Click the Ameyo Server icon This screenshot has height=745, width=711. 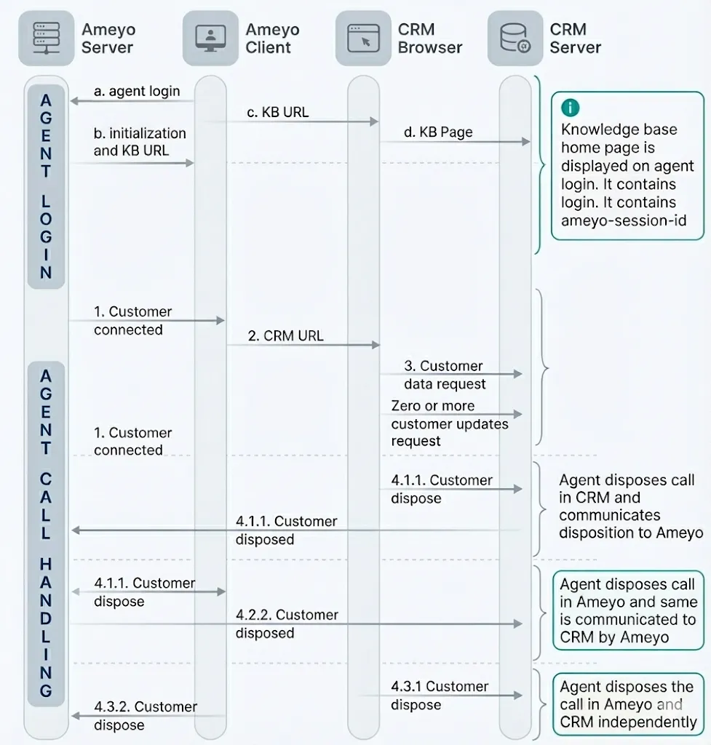(x=46, y=38)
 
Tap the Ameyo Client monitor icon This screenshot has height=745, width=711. (x=210, y=38)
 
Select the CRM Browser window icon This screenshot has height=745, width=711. (x=363, y=38)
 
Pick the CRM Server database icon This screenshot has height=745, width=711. (x=515, y=38)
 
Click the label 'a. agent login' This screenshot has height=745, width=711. (x=137, y=91)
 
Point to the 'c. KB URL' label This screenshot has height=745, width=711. (x=277, y=112)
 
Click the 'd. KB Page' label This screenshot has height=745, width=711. (x=438, y=132)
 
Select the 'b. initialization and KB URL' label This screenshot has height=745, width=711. (x=140, y=142)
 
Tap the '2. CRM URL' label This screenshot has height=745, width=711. (x=285, y=336)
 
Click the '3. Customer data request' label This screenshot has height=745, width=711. (x=445, y=375)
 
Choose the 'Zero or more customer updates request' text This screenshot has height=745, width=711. (x=450, y=423)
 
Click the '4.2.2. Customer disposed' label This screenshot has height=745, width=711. (x=287, y=624)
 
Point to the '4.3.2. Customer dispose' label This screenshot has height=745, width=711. (x=146, y=716)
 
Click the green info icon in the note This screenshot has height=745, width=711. (x=571, y=108)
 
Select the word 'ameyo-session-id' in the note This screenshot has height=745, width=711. (x=624, y=220)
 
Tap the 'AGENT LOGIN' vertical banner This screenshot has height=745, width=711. (x=46, y=187)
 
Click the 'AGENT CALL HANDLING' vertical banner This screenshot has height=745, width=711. (x=46, y=533)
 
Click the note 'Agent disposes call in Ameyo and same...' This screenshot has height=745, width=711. (x=628, y=610)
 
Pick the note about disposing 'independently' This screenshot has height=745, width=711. (x=628, y=704)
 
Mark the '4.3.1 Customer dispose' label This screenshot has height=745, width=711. (x=440, y=695)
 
